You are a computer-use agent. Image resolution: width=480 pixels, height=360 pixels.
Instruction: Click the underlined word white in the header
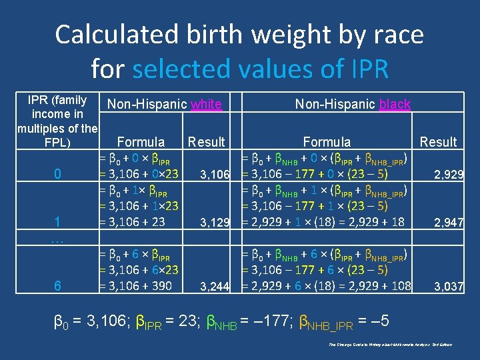(206, 104)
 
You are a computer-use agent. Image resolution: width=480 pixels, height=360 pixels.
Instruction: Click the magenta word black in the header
(395, 104)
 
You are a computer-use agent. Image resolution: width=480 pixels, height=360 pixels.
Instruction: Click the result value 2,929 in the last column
(449, 175)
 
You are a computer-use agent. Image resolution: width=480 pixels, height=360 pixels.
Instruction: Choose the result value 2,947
(449, 223)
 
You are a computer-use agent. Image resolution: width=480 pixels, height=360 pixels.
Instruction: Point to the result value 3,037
(449, 287)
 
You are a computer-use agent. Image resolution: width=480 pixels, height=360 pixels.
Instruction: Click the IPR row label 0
(57, 175)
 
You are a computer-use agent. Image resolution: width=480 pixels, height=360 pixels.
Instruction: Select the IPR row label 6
(57, 286)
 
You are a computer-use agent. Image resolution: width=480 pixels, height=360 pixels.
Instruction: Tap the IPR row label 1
(57, 222)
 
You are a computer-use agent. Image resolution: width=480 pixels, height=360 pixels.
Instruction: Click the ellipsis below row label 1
(57, 238)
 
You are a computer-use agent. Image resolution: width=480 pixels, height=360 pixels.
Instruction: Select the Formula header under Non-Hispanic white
(141, 141)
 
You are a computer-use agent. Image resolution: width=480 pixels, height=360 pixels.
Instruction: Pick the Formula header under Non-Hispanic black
(327, 141)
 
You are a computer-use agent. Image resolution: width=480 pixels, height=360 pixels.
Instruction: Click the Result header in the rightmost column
(437, 141)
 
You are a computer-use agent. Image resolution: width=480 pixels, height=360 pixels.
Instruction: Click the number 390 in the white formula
(160, 286)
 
